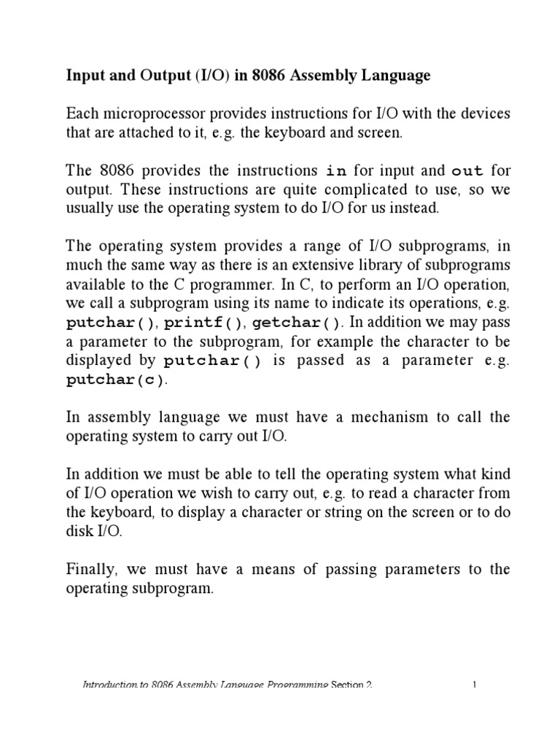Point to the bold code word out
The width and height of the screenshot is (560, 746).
(x=467, y=170)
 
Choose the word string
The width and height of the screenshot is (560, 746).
(x=343, y=512)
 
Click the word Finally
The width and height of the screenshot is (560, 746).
(x=90, y=569)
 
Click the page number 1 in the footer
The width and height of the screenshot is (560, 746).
(x=475, y=685)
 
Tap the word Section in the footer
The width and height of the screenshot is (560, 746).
(x=352, y=685)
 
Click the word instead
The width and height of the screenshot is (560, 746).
(x=418, y=208)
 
